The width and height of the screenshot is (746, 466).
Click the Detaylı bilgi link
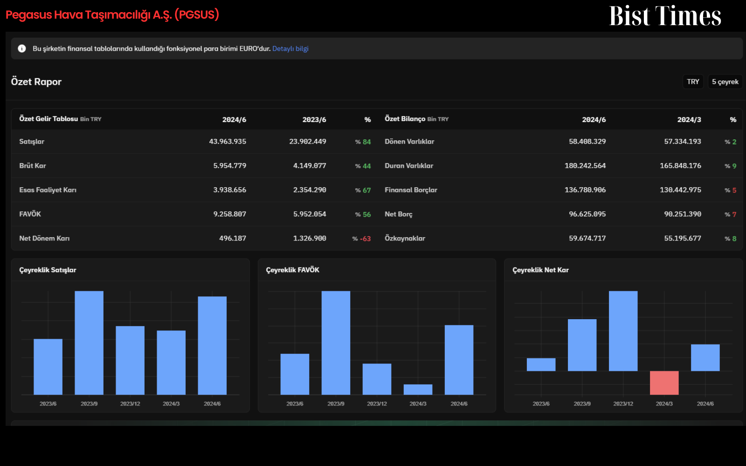[290, 48]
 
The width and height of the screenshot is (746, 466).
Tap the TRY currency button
[693, 82]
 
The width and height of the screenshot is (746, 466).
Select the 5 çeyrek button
[725, 82]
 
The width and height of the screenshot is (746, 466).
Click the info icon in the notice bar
[22, 48]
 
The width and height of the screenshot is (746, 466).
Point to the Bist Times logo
[665, 16]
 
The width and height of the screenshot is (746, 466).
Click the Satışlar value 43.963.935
[228, 142]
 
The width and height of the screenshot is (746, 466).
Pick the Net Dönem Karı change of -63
[365, 239]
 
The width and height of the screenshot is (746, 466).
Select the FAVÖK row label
[30, 214]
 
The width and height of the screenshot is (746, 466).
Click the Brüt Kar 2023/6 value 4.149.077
[310, 166]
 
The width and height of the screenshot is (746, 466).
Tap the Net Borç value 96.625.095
[587, 214]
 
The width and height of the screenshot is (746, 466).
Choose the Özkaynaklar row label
[405, 238]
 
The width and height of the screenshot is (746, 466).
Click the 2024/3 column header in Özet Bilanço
[689, 119]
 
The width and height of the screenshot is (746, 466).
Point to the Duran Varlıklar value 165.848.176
[680, 166]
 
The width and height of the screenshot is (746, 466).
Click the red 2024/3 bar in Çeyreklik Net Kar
[664, 383]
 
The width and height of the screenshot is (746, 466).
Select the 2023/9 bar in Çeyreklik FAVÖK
[336, 343]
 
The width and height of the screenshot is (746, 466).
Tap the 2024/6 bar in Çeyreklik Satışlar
[212, 345]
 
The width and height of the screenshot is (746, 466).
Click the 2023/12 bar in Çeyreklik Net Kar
[623, 331]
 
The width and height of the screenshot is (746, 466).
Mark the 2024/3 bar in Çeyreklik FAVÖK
[418, 390]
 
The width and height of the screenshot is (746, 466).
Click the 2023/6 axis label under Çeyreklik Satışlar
[48, 404]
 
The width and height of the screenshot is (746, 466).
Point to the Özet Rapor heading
[36, 82]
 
